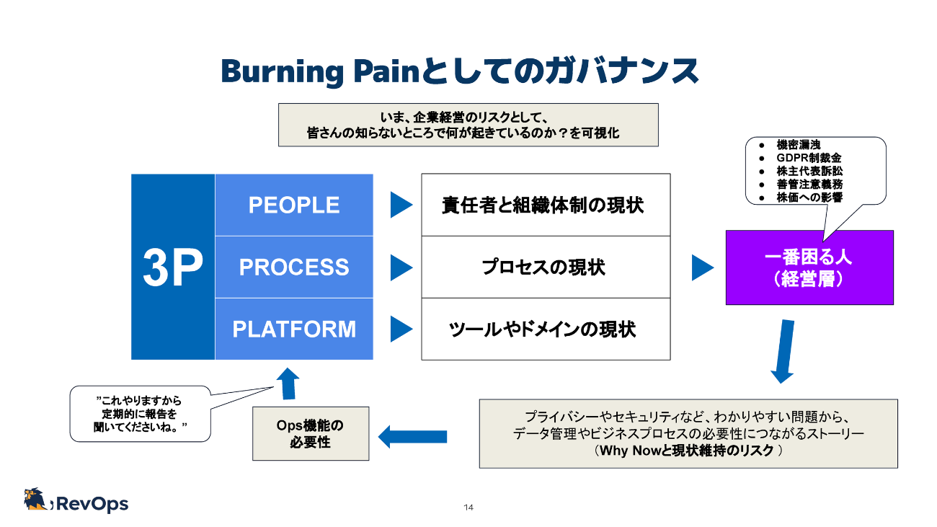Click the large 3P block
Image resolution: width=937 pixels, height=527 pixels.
click(173, 267)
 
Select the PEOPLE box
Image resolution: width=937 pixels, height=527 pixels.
click(294, 205)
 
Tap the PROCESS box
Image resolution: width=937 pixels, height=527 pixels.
click(294, 267)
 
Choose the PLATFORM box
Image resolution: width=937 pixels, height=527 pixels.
click(294, 329)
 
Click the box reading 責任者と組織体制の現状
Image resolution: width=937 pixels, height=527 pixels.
click(546, 205)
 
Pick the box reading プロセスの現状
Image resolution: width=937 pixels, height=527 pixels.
click(546, 267)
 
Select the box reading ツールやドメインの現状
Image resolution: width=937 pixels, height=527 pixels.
click(546, 329)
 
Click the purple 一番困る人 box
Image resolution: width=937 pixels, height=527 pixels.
click(809, 267)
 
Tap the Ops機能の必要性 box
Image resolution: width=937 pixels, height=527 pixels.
click(311, 433)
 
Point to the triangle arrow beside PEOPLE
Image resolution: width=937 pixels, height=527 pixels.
click(400, 205)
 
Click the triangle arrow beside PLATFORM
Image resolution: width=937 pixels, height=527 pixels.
click(400, 329)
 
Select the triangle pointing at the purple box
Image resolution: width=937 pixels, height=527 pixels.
click(701, 267)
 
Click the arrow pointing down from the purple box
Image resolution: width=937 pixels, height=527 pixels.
click(783, 352)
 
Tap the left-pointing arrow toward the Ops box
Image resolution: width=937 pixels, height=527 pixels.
click(412, 436)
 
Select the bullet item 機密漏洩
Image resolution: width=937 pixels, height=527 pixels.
click(798, 145)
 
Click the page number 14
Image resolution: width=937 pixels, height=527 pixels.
click(468, 508)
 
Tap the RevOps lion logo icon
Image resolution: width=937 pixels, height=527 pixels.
click(36, 500)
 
